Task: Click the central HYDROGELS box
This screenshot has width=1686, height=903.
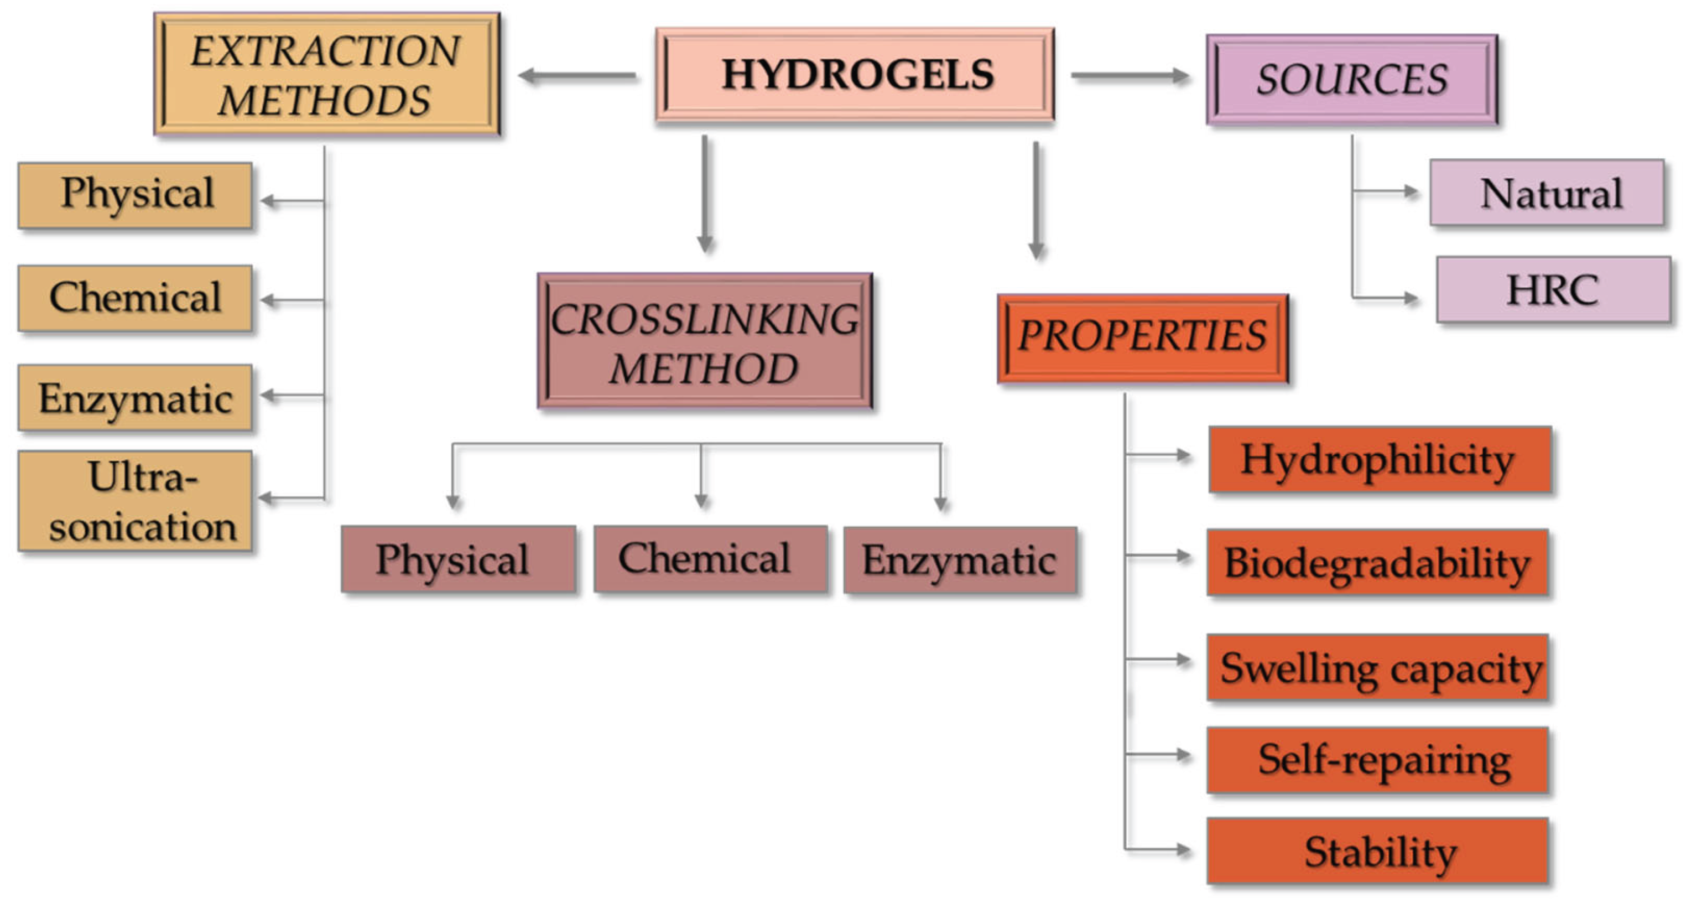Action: [855, 74]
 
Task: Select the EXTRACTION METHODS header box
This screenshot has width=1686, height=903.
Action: [326, 74]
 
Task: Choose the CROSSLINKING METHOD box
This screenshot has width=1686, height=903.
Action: [705, 340]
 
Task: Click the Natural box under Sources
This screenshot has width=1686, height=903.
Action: [1547, 193]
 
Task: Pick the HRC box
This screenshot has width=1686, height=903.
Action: [1553, 289]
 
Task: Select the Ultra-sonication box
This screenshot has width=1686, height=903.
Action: [136, 501]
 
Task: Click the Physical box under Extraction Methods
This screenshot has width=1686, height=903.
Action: [136, 195]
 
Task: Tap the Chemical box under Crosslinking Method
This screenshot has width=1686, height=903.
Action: [711, 558]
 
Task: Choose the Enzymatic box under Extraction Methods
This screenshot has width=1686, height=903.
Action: [136, 397]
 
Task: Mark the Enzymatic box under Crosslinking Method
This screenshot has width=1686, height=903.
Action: [960, 560]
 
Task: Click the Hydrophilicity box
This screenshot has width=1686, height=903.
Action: [1380, 459]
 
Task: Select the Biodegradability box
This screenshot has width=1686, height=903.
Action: [1377, 563]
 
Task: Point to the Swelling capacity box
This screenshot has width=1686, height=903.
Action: [1378, 667]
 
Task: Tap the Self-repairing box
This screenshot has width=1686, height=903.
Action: [1378, 760]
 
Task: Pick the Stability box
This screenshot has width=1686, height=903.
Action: [1378, 850]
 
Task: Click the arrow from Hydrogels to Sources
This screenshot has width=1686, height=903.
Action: [1130, 76]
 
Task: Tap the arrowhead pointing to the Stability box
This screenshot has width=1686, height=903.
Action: [1183, 850]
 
